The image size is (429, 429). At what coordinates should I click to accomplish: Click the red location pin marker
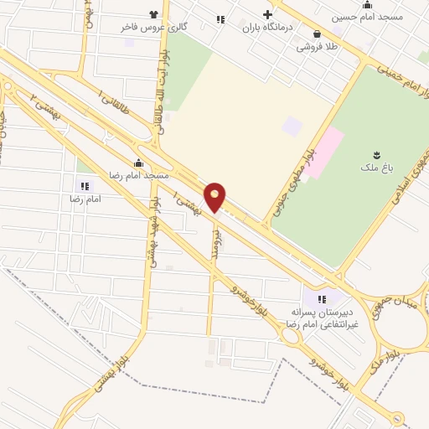(215, 196)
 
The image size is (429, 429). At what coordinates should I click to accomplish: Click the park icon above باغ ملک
(375, 154)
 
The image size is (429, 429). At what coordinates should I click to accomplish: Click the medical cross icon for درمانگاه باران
(268, 14)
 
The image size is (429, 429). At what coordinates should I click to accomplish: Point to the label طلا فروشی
(316, 47)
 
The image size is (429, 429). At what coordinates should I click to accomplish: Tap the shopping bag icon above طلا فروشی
(317, 34)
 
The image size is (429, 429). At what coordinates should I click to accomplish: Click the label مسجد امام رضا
(138, 175)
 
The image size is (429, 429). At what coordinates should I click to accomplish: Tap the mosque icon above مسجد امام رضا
(138, 163)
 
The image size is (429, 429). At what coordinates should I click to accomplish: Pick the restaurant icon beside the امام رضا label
(83, 185)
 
